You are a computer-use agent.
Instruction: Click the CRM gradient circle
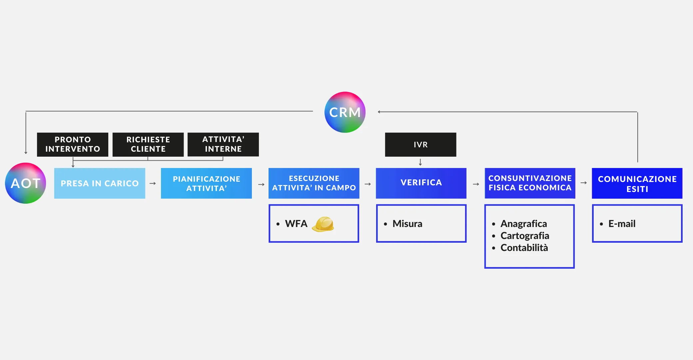tap(345, 112)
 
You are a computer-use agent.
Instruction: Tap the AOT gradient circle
tap(26, 183)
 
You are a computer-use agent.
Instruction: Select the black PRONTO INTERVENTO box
tap(73, 144)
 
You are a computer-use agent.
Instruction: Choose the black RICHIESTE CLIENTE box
tap(148, 144)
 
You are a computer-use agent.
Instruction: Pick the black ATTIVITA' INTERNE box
tap(223, 144)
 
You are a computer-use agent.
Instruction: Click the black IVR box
tap(420, 145)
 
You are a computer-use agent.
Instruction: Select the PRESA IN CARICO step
tap(100, 183)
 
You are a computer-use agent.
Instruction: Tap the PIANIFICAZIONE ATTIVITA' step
tap(206, 183)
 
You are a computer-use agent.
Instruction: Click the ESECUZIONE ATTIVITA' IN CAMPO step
tap(314, 183)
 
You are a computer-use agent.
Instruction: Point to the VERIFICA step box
tap(421, 183)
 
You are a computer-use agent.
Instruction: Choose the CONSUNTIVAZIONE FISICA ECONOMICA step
tap(530, 183)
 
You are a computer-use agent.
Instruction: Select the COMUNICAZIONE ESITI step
tap(637, 183)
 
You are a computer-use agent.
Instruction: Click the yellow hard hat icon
tap(323, 224)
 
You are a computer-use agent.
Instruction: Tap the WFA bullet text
tap(296, 224)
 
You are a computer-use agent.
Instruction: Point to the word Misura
tap(407, 224)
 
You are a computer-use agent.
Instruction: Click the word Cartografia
tap(525, 236)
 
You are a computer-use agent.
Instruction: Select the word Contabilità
tap(524, 248)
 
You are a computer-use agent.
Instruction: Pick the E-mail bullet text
tap(622, 224)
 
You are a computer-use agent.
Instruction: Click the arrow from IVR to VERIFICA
tap(420, 162)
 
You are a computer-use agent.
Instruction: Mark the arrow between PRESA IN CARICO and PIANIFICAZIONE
tap(153, 183)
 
